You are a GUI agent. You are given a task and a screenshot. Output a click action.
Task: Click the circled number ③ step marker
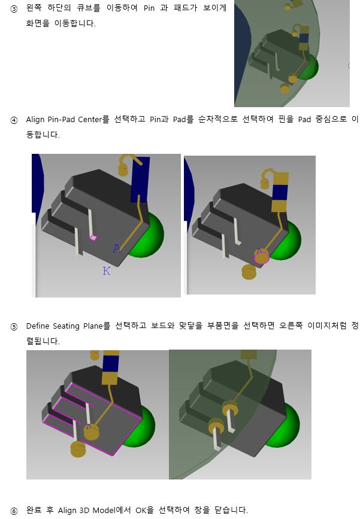tap(14, 9)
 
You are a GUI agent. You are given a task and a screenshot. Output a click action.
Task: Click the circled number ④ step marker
tap(14, 120)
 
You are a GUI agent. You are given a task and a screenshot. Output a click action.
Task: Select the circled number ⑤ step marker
tap(14, 327)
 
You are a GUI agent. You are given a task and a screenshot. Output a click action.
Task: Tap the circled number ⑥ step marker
tap(14, 511)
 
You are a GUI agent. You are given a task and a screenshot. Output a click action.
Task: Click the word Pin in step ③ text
tap(149, 8)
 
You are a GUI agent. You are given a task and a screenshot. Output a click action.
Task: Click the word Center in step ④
tap(90, 120)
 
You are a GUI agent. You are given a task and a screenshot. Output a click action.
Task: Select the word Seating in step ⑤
tap(66, 326)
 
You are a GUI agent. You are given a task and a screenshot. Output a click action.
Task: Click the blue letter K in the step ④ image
tap(106, 271)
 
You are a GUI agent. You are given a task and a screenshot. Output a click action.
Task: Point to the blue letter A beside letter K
tap(117, 248)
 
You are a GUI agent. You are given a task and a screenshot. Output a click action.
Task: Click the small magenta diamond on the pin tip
tap(93, 237)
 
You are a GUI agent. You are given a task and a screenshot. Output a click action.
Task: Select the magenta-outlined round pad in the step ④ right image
tap(262, 257)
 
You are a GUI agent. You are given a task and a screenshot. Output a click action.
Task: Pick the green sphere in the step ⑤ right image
tap(284, 426)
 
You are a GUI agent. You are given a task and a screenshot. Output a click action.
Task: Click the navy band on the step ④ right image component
tap(279, 192)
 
